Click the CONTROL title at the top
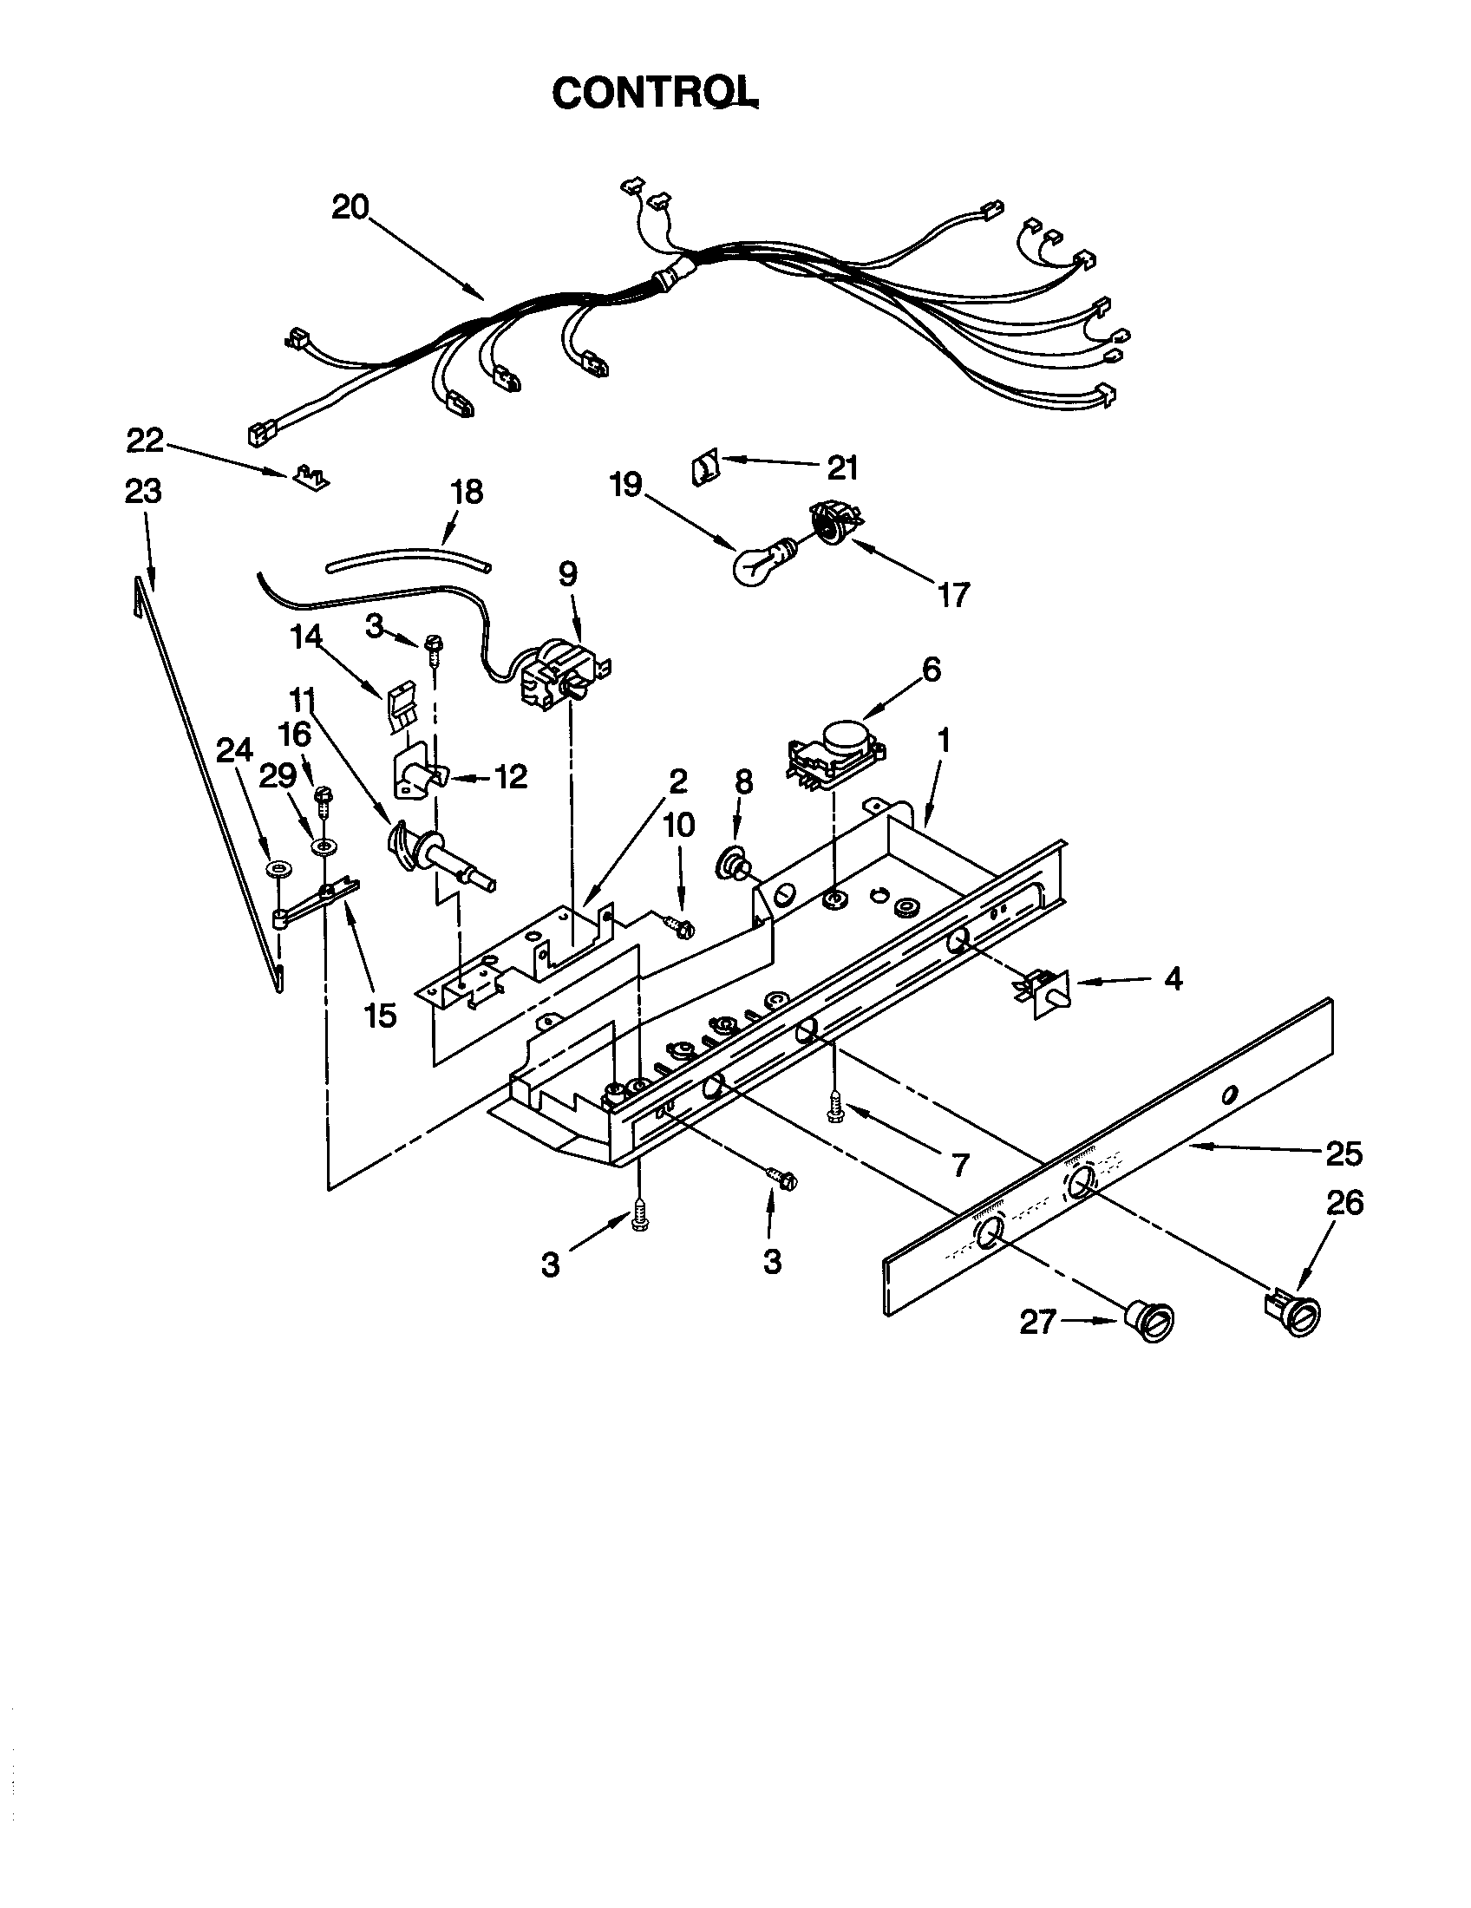(654, 92)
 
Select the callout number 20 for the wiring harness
(350, 208)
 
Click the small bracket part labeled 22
(312, 476)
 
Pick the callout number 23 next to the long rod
(143, 492)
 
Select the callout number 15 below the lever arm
(382, 1016)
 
